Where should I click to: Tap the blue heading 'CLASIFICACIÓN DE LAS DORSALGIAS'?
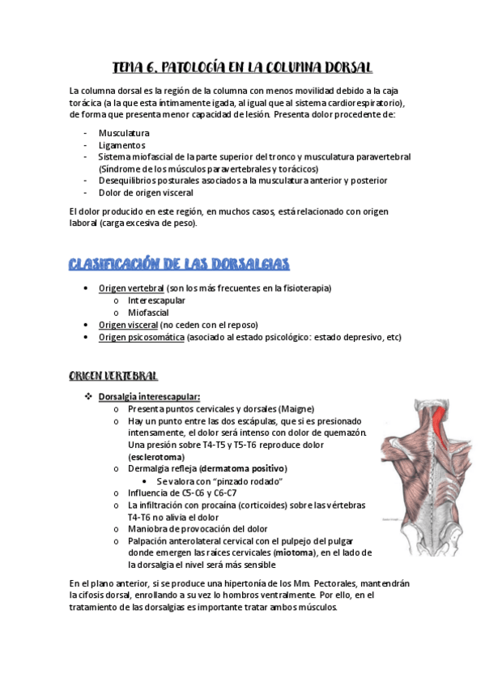179,264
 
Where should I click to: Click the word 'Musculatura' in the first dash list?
124,133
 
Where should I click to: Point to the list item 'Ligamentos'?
122,145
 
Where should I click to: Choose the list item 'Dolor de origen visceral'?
146,193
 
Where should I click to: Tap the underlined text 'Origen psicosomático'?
141,337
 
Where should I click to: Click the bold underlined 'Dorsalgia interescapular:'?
148,397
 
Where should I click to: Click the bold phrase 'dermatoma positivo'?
245,469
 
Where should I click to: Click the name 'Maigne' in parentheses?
296,409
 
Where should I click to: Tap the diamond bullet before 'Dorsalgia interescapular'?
88,397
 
